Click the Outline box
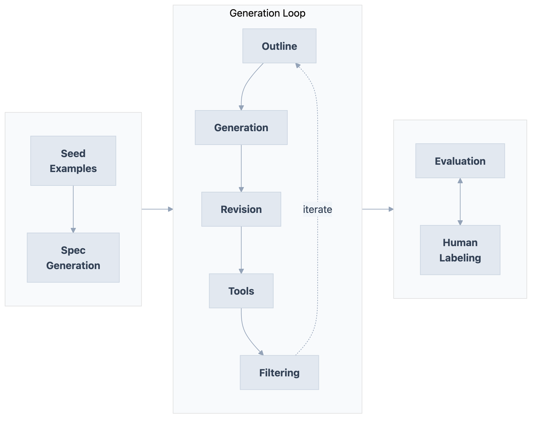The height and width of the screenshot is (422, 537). coord(279,46)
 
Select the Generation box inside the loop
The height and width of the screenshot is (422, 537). coord(241,127)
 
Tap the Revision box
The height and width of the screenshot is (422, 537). coord(241,209)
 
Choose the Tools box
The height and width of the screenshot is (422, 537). coord(241,291)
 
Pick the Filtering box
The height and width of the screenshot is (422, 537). coord(279,373)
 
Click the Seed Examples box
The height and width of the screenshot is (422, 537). coord(73,161)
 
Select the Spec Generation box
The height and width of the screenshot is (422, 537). coord(73,258)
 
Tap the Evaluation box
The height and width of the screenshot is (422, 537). coord(460,161)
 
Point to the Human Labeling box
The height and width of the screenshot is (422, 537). coord(460,250)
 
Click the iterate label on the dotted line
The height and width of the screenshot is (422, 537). coord(317,209)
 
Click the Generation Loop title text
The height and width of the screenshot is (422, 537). coord(267,13)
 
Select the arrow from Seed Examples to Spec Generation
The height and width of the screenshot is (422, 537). coord(73,209)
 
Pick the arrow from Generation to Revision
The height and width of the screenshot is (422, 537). coord(241,168)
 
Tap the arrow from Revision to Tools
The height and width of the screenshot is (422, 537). coord(241,250)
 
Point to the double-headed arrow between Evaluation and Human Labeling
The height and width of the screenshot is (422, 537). coord(460,201)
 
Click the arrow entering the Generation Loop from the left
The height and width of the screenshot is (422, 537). coord(157,209)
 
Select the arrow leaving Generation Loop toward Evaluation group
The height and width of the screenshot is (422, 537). coord(378,209)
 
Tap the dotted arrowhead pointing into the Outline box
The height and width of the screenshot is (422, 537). coord(298,65)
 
